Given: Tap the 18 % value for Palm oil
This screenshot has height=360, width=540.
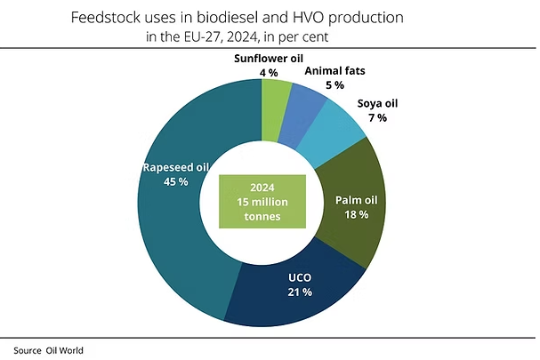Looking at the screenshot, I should coord(358,214).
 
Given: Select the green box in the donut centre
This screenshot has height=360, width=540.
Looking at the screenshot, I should coord(262,202).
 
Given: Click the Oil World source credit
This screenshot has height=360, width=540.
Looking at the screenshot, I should coord(65,350).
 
